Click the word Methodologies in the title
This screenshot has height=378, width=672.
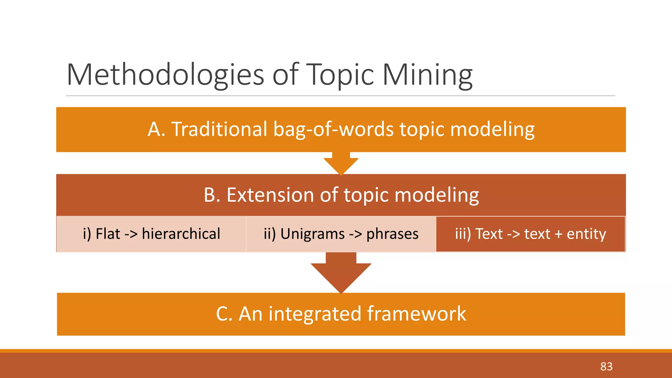pyautogui.click(x=165, y=75)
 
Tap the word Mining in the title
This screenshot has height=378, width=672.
pyautogui.click(x=427, y=75)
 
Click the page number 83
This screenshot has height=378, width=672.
pyautogui.click(x=606, y=367)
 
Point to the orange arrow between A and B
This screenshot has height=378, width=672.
pyautogui.click(x=341, y=163)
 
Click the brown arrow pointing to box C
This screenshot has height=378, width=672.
pyautogui.click(x=341, y=273)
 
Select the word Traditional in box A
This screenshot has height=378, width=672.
pyautogui.click(x=219, y=129)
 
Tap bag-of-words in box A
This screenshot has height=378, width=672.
pyautogui.click(x=333, y=129)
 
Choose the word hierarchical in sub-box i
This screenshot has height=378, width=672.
pyautogui.click(x=181, y=234)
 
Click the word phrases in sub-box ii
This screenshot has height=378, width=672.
pyautogui.click(x=392, y=234)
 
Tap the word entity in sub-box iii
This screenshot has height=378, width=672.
pyautogui.click(x=586, y=234)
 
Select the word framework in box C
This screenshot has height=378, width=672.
pyautogui.click(x=416, y=314)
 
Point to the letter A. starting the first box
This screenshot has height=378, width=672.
pyautogui.click(x=157, y=129)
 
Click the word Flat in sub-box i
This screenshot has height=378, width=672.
pyautogui.click(x=108, y=234)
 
